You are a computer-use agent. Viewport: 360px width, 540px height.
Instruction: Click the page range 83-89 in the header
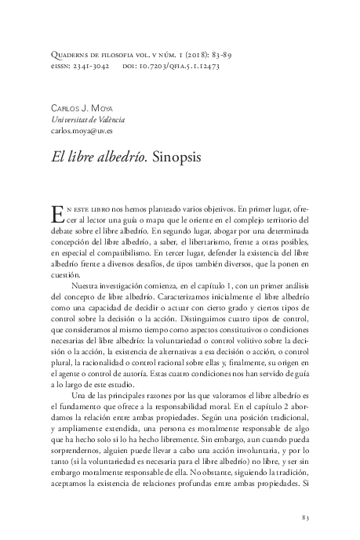(x=215, y=55)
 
